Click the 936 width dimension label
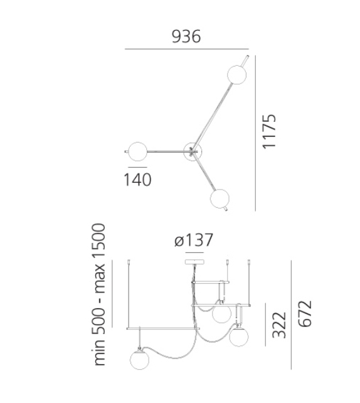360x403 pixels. (x=186, y=36)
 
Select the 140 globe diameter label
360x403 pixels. (x=137, y=180)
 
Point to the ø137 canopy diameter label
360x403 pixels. (x=194, y=240)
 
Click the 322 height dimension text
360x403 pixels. (x=281, y=324)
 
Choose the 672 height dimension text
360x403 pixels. (x=305, y=314)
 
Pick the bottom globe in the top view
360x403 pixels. (x=220, y=198)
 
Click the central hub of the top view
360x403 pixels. (x=192, y=150)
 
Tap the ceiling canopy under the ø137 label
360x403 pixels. (x=194, y=261)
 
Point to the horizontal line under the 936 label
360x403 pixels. (x=186, y=50)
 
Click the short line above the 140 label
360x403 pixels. (x=137, y=167)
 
